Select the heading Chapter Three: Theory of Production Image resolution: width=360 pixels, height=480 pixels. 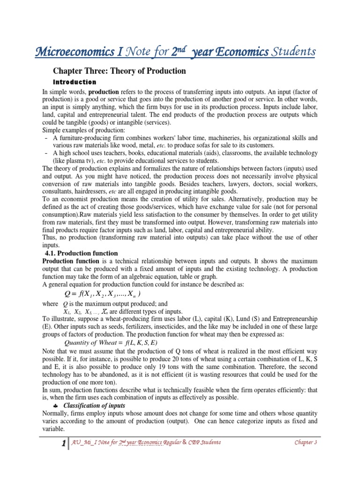coord(119,71)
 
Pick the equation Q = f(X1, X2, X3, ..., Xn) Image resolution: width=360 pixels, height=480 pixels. coord(101,293)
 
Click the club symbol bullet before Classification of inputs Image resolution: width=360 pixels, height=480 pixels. coord(56,405)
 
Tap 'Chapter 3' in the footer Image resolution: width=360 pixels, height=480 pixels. coord(306,442)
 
